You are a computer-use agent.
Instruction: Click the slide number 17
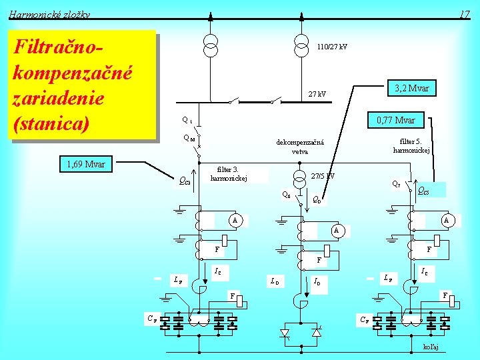tap(465, 14)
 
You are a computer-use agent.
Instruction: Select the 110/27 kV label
tap(332, 47)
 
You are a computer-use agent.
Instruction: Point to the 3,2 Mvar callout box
tap(411, 89)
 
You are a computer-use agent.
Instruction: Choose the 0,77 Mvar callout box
tap(395, 120)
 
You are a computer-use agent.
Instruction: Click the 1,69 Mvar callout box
tap(87, 164)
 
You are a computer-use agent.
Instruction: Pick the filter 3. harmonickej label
tap(229, 174)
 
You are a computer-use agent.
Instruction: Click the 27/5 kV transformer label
tap(323, 177)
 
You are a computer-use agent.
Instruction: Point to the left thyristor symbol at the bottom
tap(285, 332)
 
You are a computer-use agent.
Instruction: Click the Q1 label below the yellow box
tap(187, 121)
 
